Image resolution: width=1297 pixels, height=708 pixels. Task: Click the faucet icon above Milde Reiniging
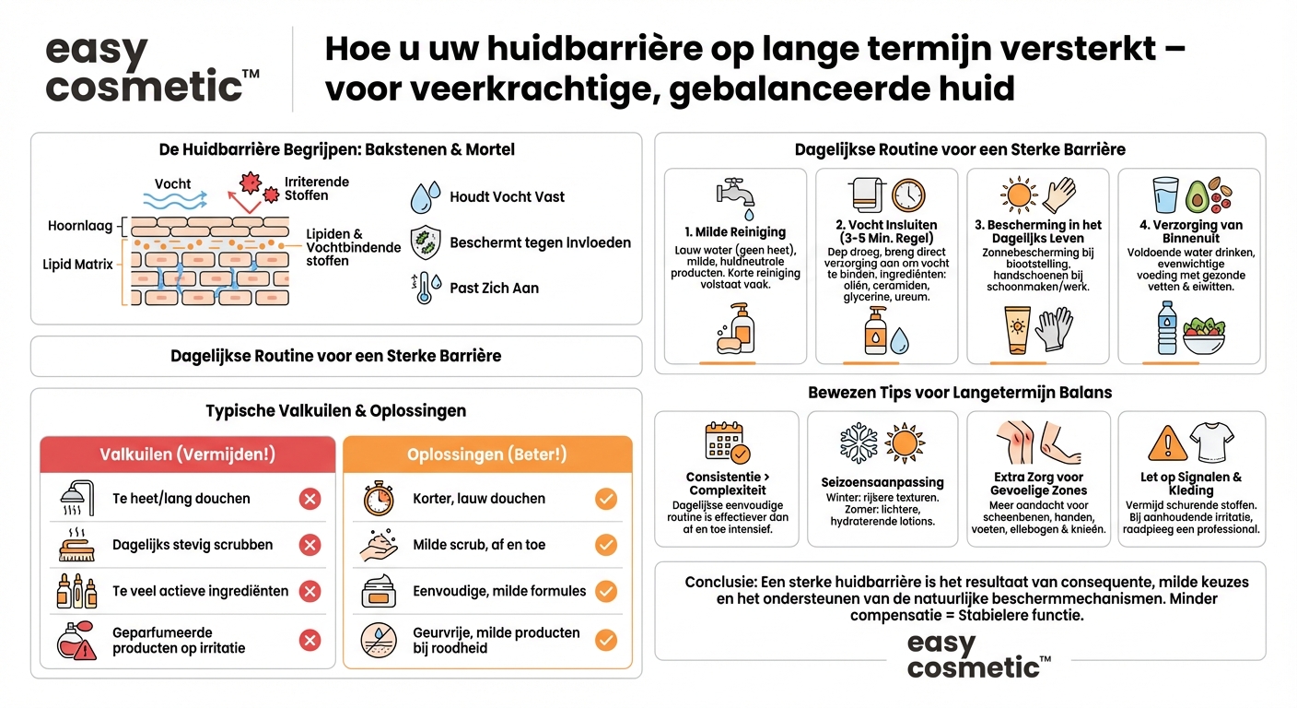[735, 195]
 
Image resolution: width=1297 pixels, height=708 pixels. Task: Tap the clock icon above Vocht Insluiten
[907, 195]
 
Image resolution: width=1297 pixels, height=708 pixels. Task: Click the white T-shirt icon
[1210, 442]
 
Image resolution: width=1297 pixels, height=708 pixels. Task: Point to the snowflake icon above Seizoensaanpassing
[859, 444]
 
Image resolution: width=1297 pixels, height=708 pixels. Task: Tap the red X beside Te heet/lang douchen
[310, 499]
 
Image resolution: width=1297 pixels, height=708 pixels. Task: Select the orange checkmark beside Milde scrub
[605, 545]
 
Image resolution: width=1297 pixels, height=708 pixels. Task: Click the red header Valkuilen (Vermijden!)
[187, 454]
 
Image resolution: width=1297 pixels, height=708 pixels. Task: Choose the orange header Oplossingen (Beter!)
[487, 454]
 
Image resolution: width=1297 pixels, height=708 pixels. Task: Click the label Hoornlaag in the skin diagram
[80, 226]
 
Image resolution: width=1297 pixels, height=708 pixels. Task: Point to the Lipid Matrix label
[77, 265]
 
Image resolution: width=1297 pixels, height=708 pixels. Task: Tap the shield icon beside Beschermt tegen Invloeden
[425, 242]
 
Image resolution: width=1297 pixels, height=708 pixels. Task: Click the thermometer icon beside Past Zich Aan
[423, 288]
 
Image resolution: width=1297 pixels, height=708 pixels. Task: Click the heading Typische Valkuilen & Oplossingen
[335, 411]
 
